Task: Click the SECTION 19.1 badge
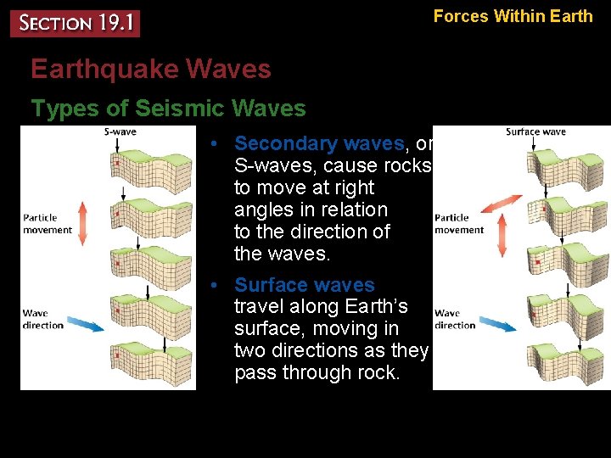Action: pos(75,23)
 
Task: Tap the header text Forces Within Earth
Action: pos(513,15)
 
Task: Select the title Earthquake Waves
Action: pos(151,70)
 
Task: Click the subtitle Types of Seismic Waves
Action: pos(168,109)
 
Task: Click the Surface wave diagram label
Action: pos(535,131)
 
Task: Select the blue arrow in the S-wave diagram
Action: pos(83,322)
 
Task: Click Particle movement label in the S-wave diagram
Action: pos(48,224)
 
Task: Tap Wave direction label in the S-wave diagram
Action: pos(43,319)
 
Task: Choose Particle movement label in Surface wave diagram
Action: pos(458,224)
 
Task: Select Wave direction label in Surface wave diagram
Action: pos(455,319)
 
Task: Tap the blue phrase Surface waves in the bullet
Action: pos(304,285)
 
